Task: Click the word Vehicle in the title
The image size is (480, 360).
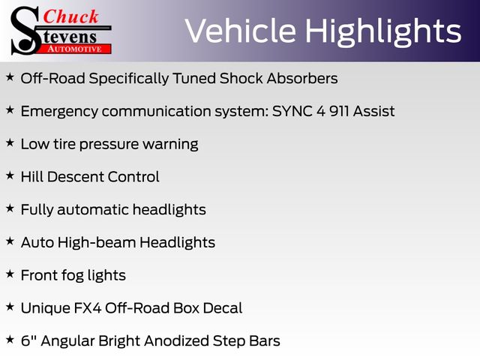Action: point(240,31)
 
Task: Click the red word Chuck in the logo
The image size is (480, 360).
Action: point(70,16)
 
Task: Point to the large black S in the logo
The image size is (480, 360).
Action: point(25,31)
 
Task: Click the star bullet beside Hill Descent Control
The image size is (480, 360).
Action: point(10,175)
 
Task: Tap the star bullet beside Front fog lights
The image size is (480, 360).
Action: point(10,274)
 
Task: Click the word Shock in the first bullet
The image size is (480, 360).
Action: point(241,78)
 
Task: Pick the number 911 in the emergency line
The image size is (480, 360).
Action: point(339,111)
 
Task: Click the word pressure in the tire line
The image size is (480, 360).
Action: point(109,145)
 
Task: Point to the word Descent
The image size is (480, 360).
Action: point(75,177)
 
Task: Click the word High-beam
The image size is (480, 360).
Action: point(97,243)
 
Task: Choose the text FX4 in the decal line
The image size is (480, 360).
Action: point(88,308)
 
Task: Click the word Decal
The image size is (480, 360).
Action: point(223,308)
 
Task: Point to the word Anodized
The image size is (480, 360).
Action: point(177,340)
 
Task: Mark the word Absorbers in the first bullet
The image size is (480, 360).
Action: point(302,78)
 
